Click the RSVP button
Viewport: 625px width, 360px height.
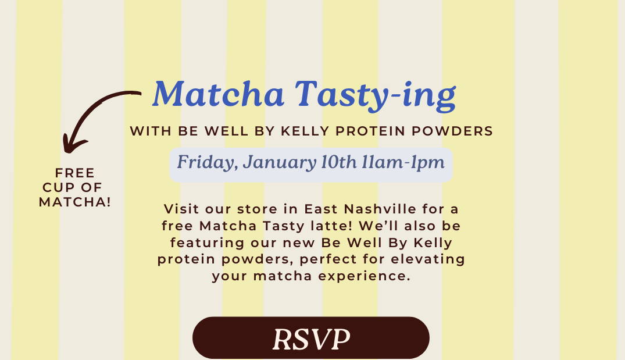311,338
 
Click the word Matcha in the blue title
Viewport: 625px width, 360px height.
219,94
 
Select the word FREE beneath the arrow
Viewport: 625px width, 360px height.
75,173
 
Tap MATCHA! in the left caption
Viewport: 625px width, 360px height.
75,202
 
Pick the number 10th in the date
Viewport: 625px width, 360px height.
339,162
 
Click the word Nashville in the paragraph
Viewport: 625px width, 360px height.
380,209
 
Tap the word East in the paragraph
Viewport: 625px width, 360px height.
321,209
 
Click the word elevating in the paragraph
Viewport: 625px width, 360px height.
428,259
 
